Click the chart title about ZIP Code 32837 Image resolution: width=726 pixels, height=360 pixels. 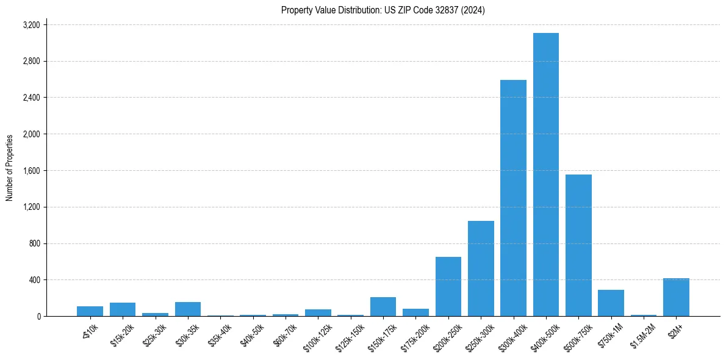point(383,10)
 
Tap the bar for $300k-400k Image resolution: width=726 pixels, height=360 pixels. point(513,198)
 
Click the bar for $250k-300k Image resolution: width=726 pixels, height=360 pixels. point(481,268)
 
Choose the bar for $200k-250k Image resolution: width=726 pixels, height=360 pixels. point(448,286)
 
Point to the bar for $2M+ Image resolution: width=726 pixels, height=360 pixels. point(676,297)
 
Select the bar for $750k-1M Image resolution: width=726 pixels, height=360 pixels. point(611,303)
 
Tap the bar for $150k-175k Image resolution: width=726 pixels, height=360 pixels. point(383,306)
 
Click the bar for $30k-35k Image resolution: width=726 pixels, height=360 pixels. point(188,309)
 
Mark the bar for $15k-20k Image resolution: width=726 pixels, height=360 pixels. point(123,309)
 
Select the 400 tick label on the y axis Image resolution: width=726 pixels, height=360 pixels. point(35,280)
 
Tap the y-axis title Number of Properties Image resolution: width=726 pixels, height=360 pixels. point(10,168)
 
